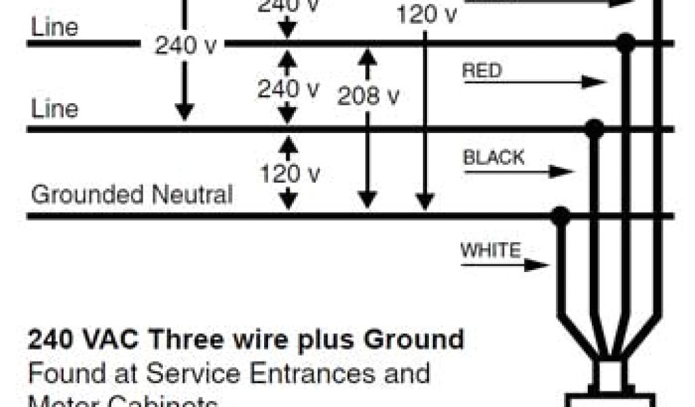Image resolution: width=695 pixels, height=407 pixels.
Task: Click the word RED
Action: click(x=482, y=71)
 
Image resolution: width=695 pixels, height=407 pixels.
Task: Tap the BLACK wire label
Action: click(x=493, y=158)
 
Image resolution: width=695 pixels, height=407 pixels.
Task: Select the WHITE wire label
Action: click(x=491, y=250)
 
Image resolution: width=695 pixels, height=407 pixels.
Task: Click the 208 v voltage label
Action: click(x=368, y=96)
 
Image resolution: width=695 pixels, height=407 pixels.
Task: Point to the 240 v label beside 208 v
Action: click(x=288, y=89)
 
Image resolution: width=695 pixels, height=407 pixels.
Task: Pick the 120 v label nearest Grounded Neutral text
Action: click(x=290, y=174)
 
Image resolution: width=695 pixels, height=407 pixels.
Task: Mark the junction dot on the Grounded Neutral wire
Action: click(x=560, y=216)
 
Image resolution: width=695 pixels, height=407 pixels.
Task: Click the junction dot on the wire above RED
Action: click(x=625, y=44)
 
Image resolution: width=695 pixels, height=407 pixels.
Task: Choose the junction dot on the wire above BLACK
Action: click(x=595, y=128)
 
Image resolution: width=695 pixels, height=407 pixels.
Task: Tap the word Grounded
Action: click(x=88, y=195)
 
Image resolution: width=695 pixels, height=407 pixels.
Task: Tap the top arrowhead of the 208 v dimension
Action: click(x=367, y=56)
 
